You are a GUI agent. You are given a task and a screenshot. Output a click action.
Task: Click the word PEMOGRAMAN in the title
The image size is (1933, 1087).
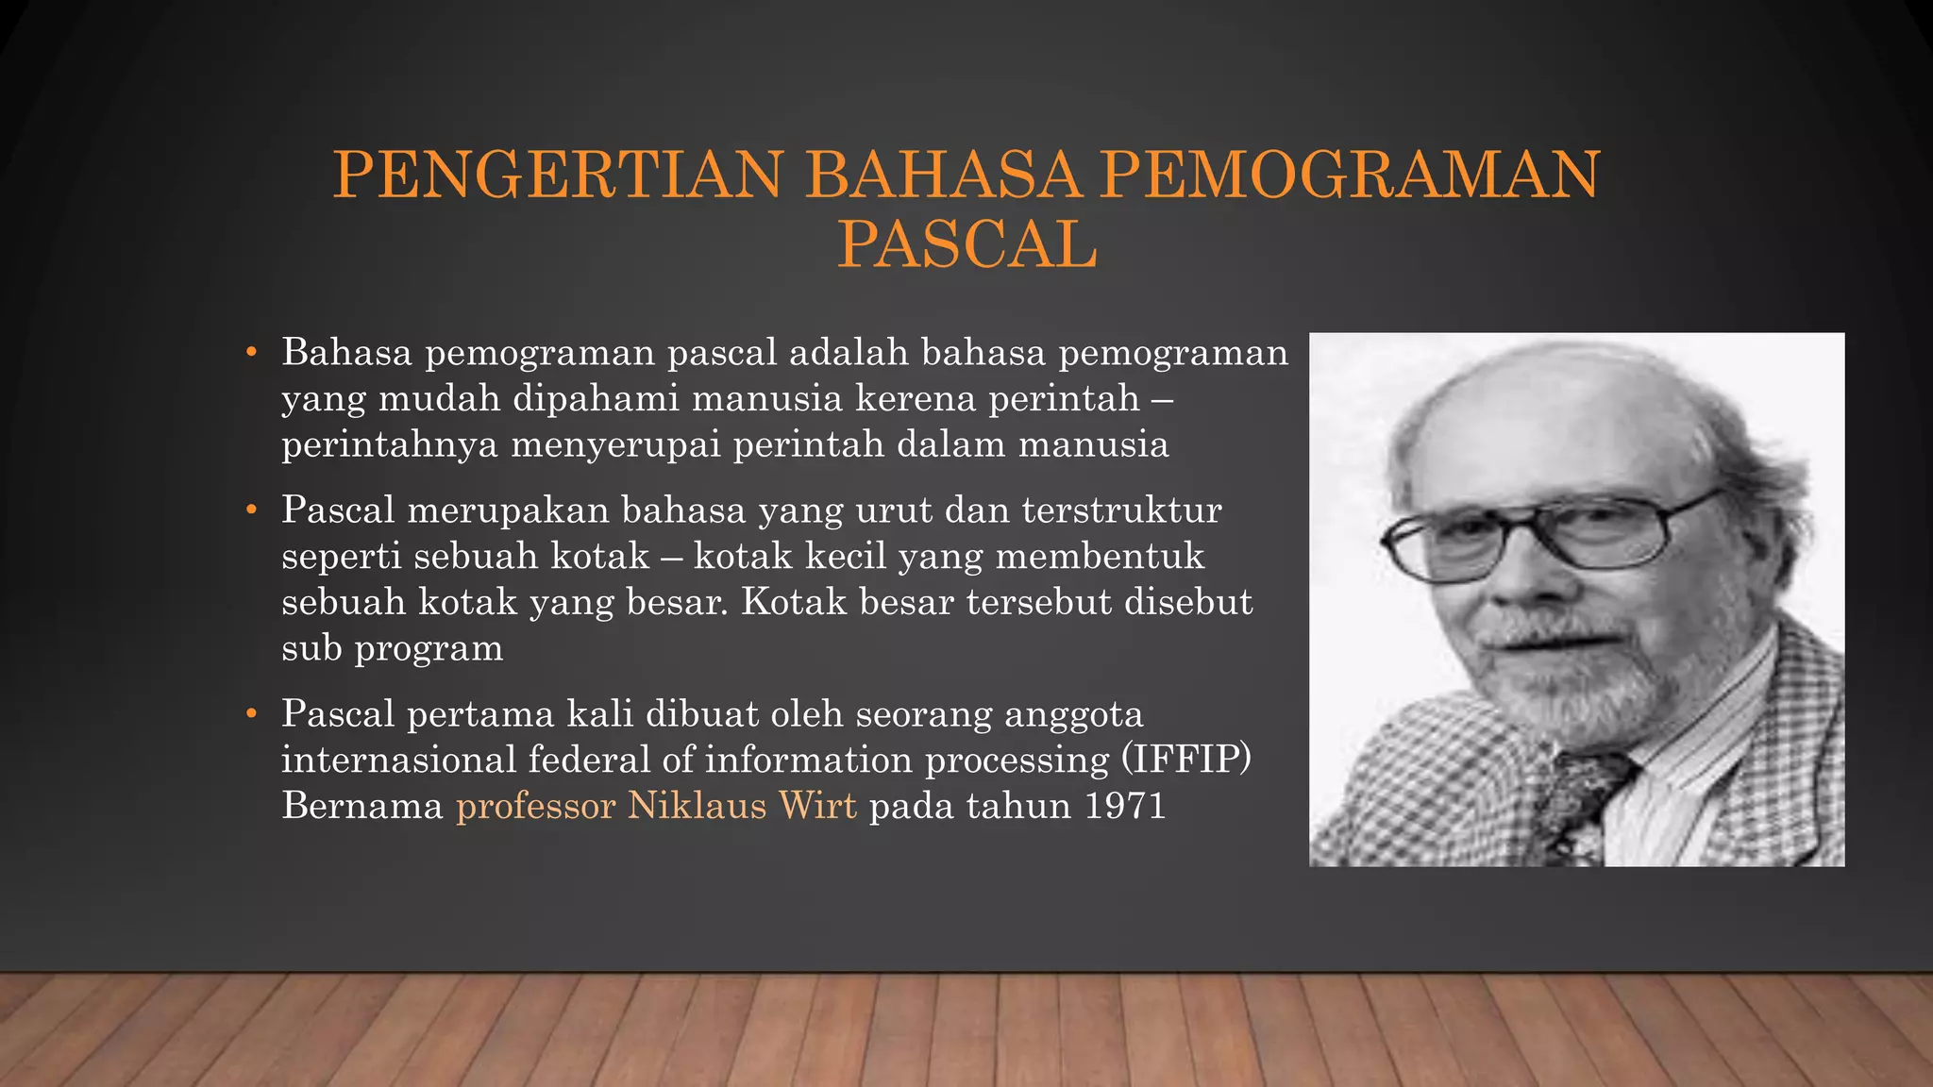pos(1350,176)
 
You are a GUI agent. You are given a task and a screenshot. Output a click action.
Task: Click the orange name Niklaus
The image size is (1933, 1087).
pos(697,807)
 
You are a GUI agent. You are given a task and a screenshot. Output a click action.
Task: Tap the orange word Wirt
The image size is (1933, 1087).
pos(817,807)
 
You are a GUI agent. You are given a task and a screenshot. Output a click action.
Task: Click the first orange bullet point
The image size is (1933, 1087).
pos(251,354)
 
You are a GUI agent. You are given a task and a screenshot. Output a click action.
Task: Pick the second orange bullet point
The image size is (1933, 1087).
pos(251,511)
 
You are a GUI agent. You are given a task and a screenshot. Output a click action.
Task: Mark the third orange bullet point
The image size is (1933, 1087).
pos(251,715)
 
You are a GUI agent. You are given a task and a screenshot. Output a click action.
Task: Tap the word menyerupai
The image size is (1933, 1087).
pos(615,445)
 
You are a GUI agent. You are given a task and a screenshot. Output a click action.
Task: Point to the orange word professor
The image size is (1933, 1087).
pos(535,807)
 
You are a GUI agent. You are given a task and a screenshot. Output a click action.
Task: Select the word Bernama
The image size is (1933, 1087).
pos(362,807)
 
